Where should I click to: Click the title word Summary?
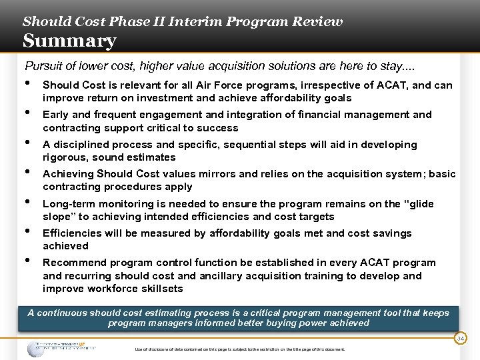[x=69, y=41]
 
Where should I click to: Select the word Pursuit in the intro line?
[x=43, y=66]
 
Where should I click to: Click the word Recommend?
[x=72, y=263]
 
